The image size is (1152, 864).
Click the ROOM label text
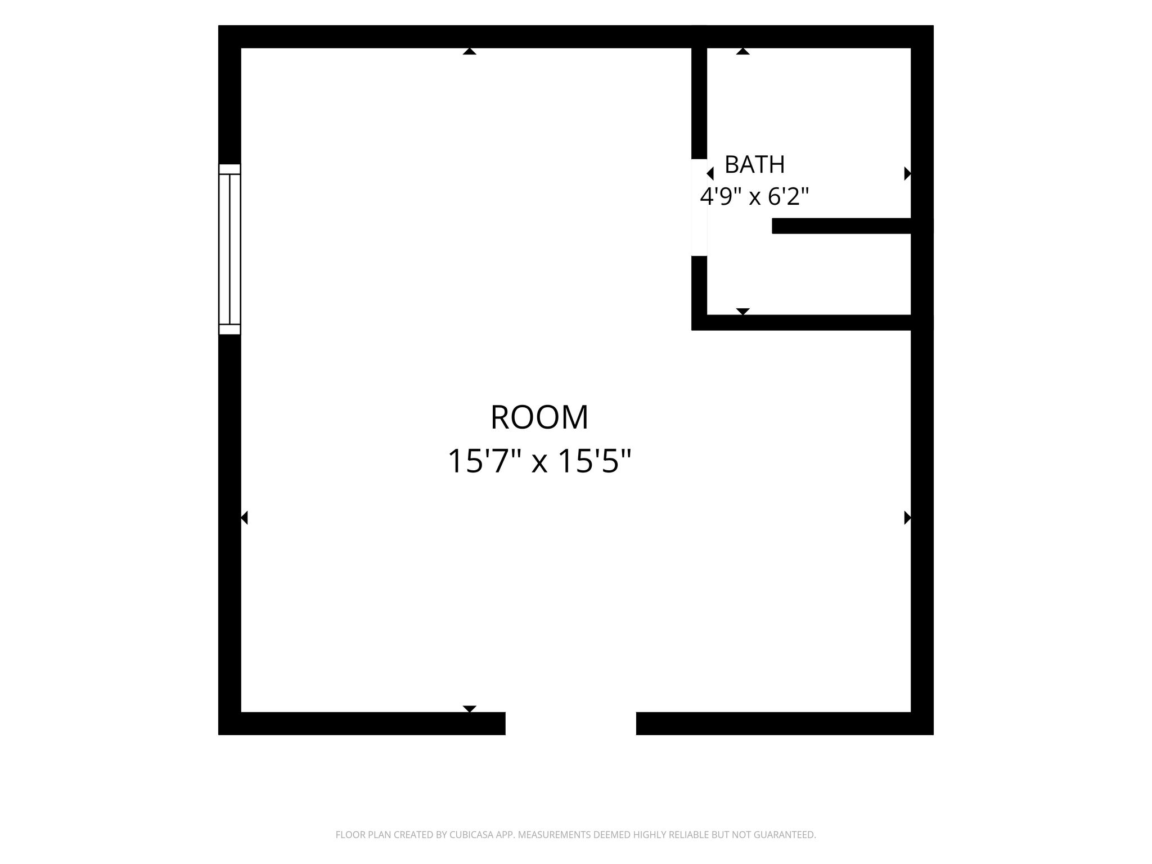[x=539, y=417]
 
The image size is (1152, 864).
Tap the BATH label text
[x=754, y=165]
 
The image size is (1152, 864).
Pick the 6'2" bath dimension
[x=790, y=196]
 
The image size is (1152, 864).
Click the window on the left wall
[x=229, y=249]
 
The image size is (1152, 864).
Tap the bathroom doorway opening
[x=699, y=208]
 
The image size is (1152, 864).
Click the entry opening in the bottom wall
[x=570, y=723]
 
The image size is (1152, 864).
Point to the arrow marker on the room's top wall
[x=470, y=51]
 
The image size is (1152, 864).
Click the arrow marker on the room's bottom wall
[x=470, y=709]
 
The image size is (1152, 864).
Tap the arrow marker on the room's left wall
[x=244, y=517]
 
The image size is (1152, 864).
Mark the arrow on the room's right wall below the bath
[x=907, y=517]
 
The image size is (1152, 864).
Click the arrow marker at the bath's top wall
[x=743, y=51]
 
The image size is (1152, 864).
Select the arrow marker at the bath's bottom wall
[x=743, y=312]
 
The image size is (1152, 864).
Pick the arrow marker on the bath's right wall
[x=907, y=174]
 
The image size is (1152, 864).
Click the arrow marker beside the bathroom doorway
[x=710, y=174]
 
